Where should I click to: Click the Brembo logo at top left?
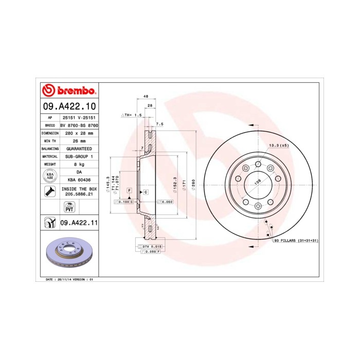[69, 91]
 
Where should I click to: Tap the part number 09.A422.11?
[78, 223]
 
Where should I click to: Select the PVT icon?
[68, 207]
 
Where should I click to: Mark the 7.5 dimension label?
[159, 124]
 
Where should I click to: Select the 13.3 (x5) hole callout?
[279, 146]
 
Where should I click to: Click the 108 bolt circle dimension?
[259, 182]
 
